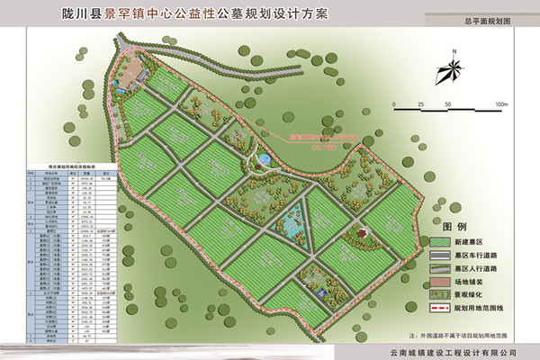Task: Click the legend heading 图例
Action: (454, 224)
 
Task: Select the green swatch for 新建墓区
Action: (441, 241)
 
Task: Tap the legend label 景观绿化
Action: (475, 293)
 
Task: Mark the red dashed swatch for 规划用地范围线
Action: (441, 306)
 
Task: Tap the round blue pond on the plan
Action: (264, 160)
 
